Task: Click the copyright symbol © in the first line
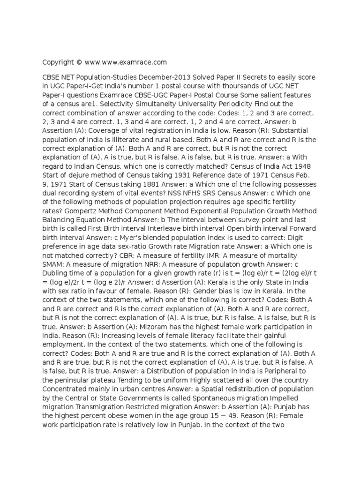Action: coord(79,62)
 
